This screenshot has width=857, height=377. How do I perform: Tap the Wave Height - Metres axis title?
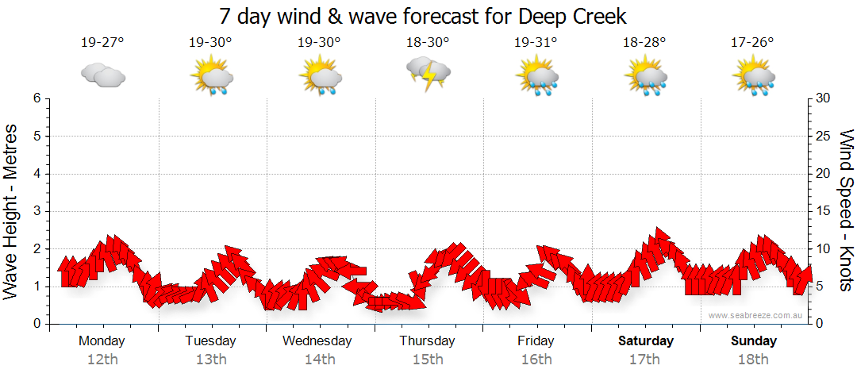click(12, 211)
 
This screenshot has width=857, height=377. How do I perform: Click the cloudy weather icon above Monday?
click(102, 75)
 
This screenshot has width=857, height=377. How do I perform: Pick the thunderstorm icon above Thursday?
click(428, 74)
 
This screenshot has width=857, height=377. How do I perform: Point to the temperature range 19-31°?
click(536, 43)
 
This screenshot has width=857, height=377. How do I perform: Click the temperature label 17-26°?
click(752, 43)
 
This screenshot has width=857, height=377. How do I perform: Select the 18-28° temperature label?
click(644, 43)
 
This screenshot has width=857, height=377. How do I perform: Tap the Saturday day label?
click(646, 341)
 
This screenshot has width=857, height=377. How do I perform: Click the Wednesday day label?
click(317, 341)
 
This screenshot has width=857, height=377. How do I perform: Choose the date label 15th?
click(427, 360)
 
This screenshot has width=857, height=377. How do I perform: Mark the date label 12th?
click(102, 360)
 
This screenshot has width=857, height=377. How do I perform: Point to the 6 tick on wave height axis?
click(37, 98)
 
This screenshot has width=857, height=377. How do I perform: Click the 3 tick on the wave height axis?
click(37, 211)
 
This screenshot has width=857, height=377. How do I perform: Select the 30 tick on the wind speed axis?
click(824, 98)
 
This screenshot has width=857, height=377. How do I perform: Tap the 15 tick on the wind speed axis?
click(824, 211)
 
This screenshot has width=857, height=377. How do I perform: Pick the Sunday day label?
click(754, 341)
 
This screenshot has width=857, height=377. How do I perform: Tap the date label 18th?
click(754, 360)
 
